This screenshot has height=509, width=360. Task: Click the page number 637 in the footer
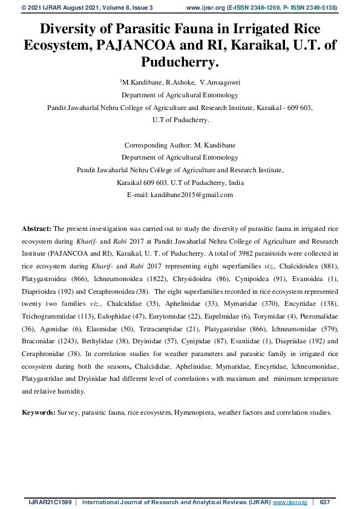point(324,502)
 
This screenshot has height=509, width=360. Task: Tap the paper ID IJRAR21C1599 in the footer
point(49,502)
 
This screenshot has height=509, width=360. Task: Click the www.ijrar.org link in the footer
point(290,502)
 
